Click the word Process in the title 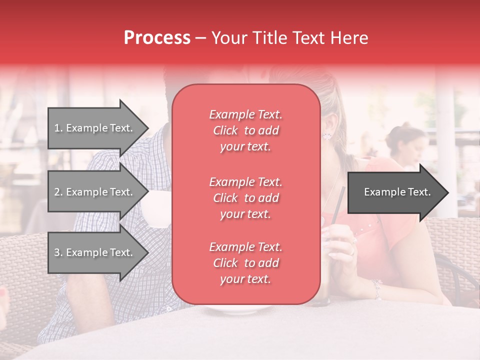157,38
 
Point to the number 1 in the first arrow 57,128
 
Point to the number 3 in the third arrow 57,252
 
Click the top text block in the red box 245,130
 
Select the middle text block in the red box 245,198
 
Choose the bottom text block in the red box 245,263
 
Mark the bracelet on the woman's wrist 376,288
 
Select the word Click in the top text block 225,130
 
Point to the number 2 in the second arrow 57,192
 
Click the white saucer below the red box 235,309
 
